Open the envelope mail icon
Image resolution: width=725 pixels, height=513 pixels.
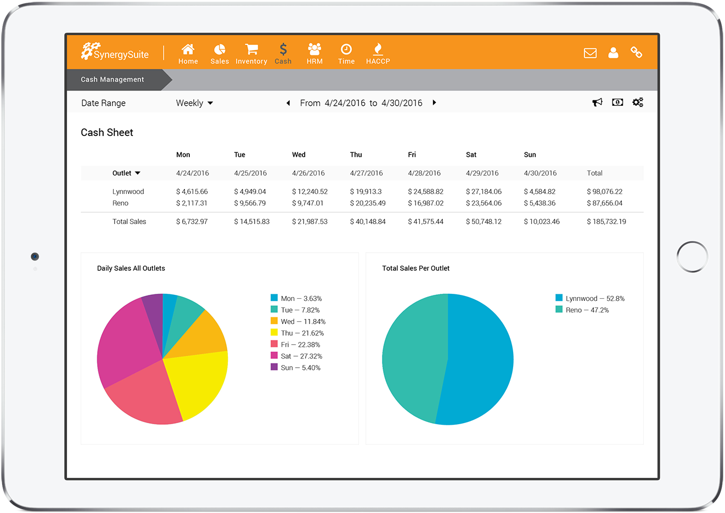[590, 53]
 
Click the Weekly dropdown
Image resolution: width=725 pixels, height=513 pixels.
[194, 103]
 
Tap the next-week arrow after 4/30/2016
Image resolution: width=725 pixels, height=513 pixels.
[434, 102]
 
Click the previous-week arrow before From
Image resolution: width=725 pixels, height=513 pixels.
[288, 103]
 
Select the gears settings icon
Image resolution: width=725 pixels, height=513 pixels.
[638, 102]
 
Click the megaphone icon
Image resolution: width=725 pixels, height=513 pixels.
[597, 102]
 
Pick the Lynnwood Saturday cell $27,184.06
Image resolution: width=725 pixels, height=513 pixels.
[484, 192]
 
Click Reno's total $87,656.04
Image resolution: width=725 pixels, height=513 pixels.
[604, 203]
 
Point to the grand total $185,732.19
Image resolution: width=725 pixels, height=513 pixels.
[606, 222]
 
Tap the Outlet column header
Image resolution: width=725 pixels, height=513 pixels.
[126, 173]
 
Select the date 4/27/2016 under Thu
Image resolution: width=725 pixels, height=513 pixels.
[366, 173]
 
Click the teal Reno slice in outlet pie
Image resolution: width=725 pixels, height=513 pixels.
[412, 362]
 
